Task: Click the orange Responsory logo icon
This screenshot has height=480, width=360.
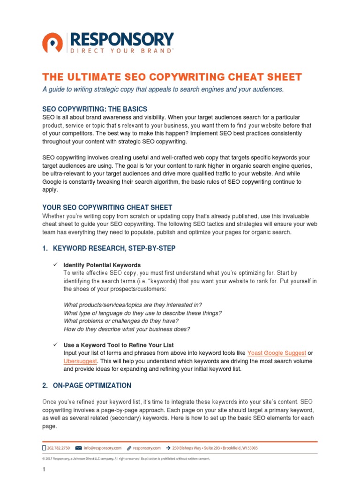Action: [x=52, y=42]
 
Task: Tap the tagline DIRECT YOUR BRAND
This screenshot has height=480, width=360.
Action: [x=121, y=51]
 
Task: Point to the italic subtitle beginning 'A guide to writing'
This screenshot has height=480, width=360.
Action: [x=163, y=90]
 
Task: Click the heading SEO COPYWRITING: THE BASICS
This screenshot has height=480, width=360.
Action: [x=95, y=109]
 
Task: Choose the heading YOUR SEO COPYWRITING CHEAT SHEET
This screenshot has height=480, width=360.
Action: [x=107, y=207]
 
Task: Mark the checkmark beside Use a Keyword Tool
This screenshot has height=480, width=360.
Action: [x=54, y=345]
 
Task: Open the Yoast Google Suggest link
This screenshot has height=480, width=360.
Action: [x=277, y=353]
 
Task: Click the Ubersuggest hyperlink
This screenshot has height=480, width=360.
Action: [x=80, y=361]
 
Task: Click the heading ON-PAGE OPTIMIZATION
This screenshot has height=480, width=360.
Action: [x=92, y=386]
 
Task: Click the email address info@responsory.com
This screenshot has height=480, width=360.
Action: [x=103, y=448]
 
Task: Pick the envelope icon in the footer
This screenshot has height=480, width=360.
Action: [x=78, y=448]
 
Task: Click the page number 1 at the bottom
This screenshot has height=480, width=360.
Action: [x=44, y=470]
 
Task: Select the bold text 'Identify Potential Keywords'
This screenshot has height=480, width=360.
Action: [x=98, y=265]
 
